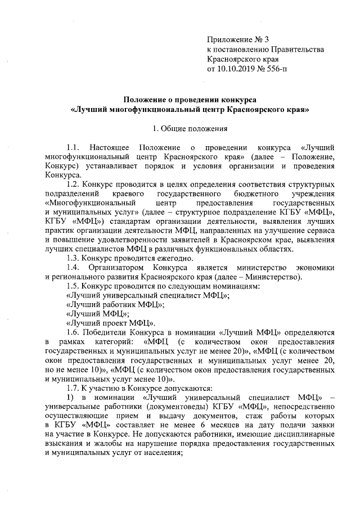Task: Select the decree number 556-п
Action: pos(274,68)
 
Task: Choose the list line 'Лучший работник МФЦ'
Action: pos(115,304)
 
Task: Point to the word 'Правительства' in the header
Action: pos(298,49)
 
